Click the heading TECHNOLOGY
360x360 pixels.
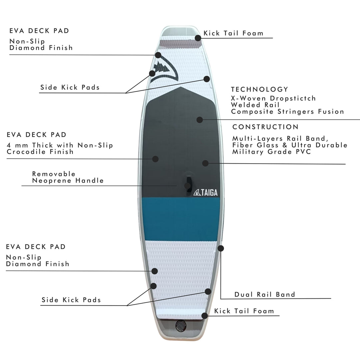[259, 89]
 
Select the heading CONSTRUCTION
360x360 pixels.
[265, 127]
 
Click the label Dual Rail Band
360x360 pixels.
[265, 294]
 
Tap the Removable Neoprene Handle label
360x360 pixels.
[68, 177]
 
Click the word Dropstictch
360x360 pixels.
[293, 98]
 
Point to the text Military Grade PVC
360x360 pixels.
[271, 152]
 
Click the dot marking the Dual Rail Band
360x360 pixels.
[220, 248]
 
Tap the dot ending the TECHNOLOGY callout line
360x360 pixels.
[200, 119]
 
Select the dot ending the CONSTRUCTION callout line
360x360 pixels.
[205, 163]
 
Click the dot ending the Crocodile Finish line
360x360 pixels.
[155, 159]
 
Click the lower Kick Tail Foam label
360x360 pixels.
[244, 311]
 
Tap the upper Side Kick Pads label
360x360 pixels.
[70, 88]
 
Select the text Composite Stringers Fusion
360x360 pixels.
[287, 112]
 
